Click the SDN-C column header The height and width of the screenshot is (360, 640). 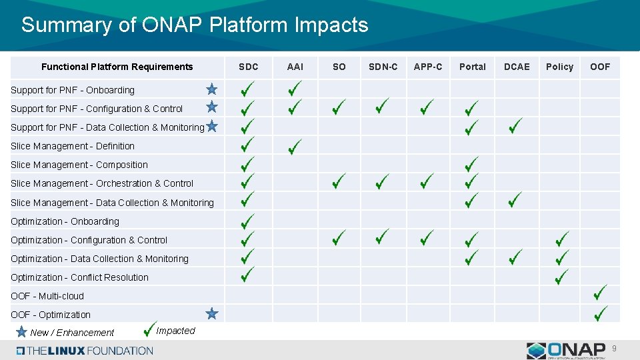click(383, 67)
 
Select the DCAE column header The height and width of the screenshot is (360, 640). click(517, 67)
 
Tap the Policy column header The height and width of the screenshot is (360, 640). click(559, 67)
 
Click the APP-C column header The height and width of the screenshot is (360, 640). click(427, 67)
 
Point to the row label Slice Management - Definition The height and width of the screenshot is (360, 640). click(73, 146)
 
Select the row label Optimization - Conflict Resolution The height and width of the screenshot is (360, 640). click(79, 277)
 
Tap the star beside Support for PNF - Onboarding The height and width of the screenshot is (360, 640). click(211, 89)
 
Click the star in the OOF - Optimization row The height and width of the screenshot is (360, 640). click(211, 313)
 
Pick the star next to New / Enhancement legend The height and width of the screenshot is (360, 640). click(21, 331)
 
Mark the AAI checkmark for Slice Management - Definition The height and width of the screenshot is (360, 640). click(295, 145)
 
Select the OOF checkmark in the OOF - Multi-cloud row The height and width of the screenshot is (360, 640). click(600, 293)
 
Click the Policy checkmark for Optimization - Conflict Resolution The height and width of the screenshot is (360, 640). click(561, 274)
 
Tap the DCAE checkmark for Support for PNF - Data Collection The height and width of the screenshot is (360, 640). click(515, 125)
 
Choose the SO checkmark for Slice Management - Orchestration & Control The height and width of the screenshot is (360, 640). click(339, 181)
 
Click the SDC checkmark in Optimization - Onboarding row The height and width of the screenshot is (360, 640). click(247, 219)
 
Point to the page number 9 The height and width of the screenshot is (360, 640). click(615, 349)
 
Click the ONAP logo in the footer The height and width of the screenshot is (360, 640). click(566, 351)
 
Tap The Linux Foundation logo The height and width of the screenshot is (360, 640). click(85, 351)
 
